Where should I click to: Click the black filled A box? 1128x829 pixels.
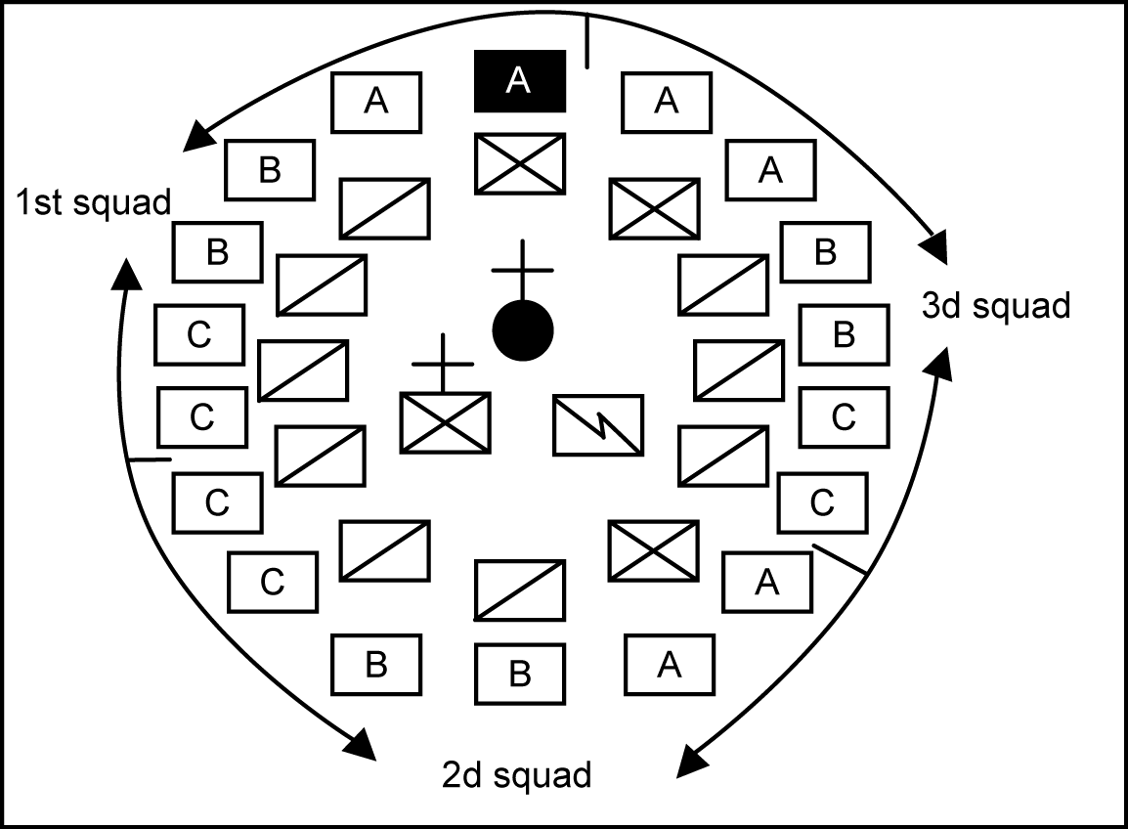click(519, 80)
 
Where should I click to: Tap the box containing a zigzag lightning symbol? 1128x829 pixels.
click(598, 424)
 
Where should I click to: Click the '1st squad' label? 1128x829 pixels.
click(93, 203)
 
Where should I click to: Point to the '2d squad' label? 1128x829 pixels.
click(517, 775)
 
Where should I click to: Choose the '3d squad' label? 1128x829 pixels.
click(996, 306)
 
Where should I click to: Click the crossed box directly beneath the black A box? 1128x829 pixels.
click(520, 162)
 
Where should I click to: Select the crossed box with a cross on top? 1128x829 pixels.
click(445, 423)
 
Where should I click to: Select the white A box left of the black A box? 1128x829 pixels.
click(376, 102)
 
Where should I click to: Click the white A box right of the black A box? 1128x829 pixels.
click(667, 102)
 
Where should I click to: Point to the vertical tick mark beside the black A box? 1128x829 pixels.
click(586, 41)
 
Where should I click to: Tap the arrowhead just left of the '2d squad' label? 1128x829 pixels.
click(361, 745)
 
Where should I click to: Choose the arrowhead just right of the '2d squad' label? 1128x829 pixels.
click(690, 762)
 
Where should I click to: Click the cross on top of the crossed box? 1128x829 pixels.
click(443, 364)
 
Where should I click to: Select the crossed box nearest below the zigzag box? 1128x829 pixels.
click(653, 550)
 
